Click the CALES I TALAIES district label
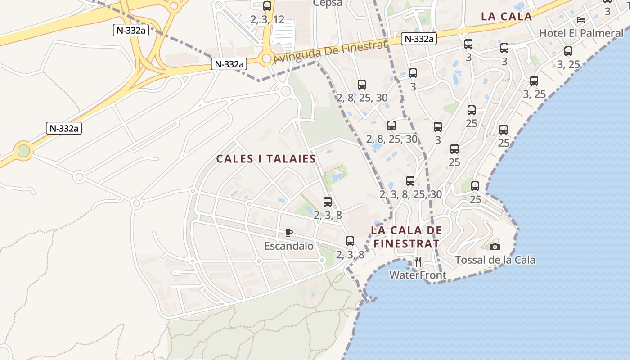[x=266, y=159]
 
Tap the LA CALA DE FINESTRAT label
[x=406, y=237]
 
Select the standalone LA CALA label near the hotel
[x=506, y=17]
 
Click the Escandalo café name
[x=288, y=246]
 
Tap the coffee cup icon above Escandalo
[x=289, y=233]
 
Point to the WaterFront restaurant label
[x=418, y=275]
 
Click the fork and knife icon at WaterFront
[x=418, y=261]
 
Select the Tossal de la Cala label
[x=495, y=260]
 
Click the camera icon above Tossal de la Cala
[x=495, y=247]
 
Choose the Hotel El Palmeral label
[x=581, y=33]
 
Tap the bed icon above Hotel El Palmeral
[x=581, y=20]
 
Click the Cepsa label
[x=328, y=3]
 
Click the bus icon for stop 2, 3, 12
[x=267, y=6]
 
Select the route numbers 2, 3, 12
[x=267, y=19]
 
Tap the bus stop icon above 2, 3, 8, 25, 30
[x=410, y=181]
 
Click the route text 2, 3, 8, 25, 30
[x=410, y=194]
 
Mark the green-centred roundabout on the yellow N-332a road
[x=23, y=150]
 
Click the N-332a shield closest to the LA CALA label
[x=419, y=39]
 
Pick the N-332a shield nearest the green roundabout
[x=64, y=128]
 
